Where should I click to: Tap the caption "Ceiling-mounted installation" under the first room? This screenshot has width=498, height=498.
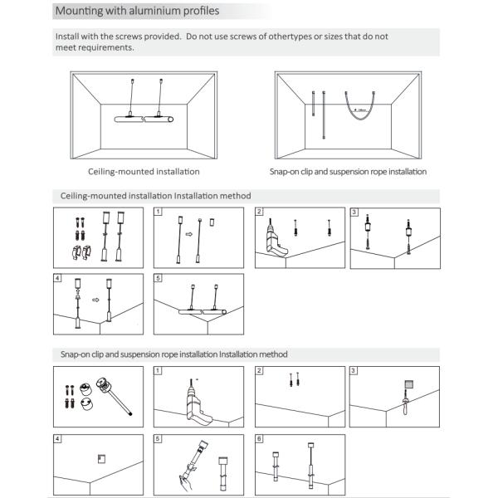coord(144,172)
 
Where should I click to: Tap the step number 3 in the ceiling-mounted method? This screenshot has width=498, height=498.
coord(354,212)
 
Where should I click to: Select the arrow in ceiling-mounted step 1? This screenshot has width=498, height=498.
coord(188,234)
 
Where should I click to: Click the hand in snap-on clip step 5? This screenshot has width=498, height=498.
coord(185,478)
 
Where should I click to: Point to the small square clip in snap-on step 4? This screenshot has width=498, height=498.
coord(100,456)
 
